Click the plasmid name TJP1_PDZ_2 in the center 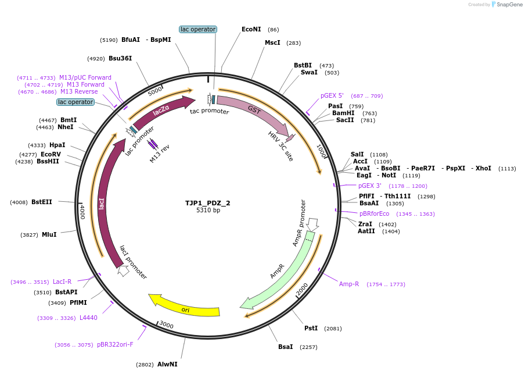point(208,203)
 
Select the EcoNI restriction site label point(251,29)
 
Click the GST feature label point(254,109)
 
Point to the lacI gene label point(102,203)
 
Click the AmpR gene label point(277,272)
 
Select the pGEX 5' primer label point(332,95)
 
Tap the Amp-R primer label point(349,284)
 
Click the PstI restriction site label point(311,328)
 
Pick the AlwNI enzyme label point(167,364)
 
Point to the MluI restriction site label point(49,234)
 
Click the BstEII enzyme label point(42,202)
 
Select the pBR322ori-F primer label point(115,344)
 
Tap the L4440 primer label point(88,318)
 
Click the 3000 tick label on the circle point(167,325)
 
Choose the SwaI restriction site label point(309,72)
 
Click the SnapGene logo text point(510,5)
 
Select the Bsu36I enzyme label point(120,58)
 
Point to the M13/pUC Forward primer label point(85,77)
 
